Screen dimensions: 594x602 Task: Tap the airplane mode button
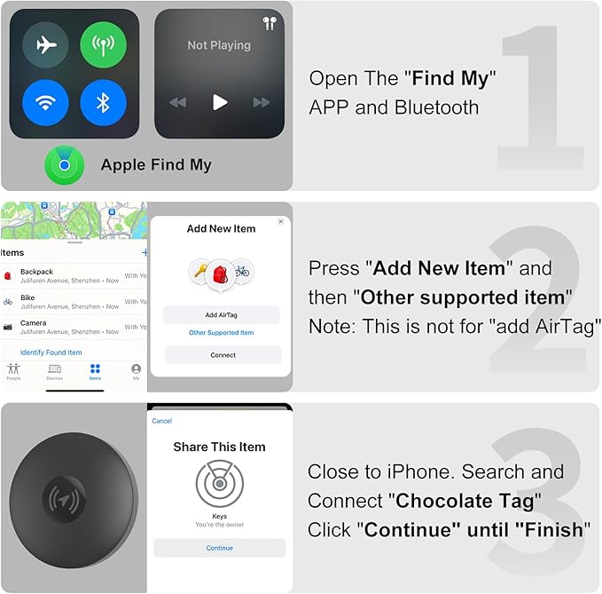point(46,46)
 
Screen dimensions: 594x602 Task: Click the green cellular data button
point(103,46)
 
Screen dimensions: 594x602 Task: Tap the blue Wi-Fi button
point(46,103)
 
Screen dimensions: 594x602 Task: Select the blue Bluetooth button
point(103,103)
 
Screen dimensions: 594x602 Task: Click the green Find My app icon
point(65,165)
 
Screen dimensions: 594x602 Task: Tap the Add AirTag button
point(222,315)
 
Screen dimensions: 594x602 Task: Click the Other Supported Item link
point(222,333)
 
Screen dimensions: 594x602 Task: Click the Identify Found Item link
point(51,352)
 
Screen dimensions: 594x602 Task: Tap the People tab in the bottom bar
point(13,371)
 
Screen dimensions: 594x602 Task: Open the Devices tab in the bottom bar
point(54,371)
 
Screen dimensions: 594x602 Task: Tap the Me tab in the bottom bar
point(136,371)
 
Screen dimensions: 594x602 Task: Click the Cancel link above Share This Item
point(162,421)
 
